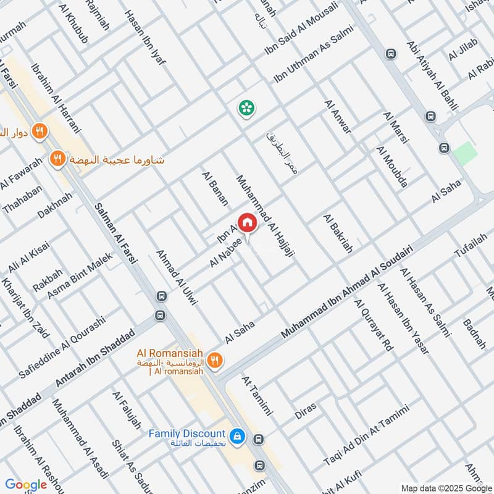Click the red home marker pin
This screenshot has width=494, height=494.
tap(247, 223)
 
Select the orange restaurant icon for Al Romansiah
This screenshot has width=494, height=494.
tap(215, 361)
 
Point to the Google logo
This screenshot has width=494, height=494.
tap(26, 485)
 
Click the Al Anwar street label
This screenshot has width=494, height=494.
tap(337, 116)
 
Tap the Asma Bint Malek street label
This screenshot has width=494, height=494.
tap(80, 276)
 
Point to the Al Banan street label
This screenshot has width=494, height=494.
tap(215, 188)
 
